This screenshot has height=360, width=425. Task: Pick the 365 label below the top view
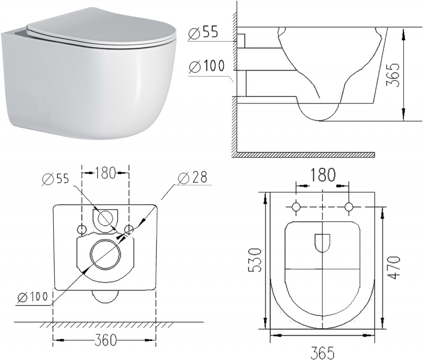(322, 352)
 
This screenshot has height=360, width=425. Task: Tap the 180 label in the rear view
(105, 172)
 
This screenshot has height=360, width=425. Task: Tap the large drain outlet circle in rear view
(105, 254)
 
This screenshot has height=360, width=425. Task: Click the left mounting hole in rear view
(82, 229)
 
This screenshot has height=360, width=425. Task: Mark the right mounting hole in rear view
(128, 229)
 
